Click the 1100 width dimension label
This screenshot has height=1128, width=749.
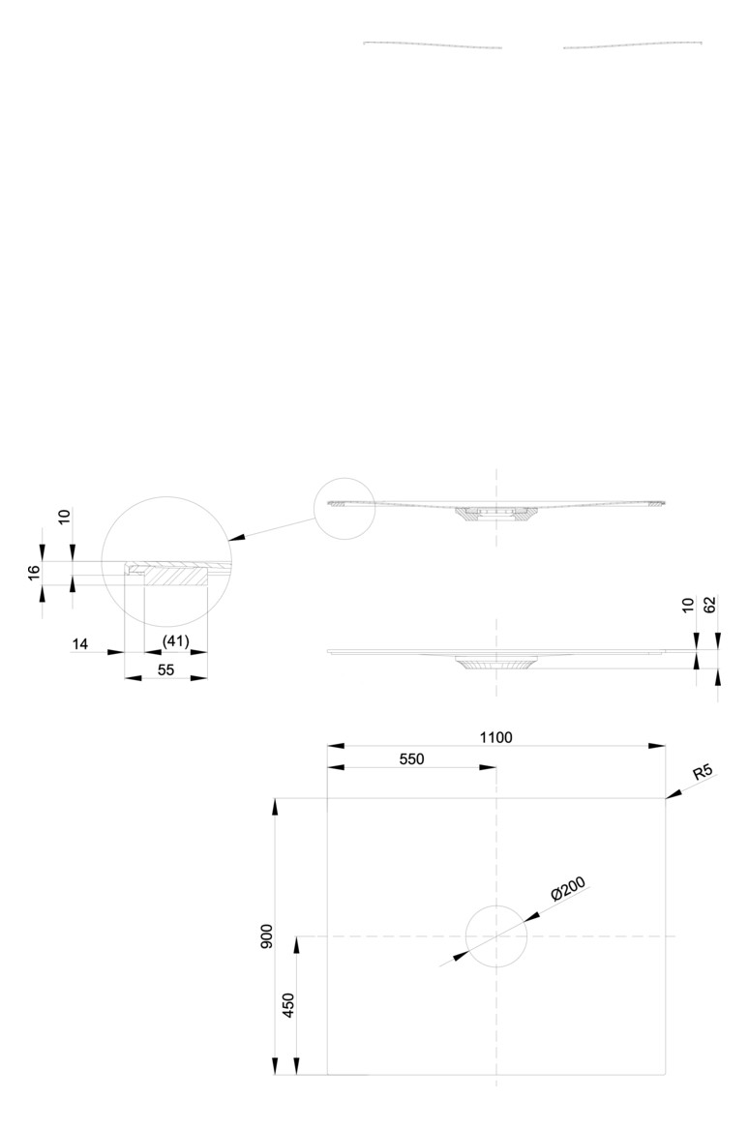coord(495,736)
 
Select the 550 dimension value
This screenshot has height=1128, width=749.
coord(411,758)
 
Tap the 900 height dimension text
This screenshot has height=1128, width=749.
coord(266,935)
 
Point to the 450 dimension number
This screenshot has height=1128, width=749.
coord(287,1006)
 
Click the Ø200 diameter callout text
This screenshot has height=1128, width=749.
coord(568,889)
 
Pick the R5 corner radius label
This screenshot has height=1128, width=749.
coord(703,773)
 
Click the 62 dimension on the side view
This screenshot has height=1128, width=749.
coord(710,605)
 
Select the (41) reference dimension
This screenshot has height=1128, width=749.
coord(175,641)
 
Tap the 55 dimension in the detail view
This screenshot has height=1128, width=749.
coord(165,669)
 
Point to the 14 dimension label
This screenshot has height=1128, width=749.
coord(80,644)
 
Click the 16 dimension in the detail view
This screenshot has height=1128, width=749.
coord(33,574)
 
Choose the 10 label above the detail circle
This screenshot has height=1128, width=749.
coord(65,516)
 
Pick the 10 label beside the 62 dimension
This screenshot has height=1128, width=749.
coord(688,605)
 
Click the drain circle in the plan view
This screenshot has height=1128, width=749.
coord(496,905)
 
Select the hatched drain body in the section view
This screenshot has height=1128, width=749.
coord(496,514)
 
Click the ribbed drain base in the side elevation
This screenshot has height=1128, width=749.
coord(496,664)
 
